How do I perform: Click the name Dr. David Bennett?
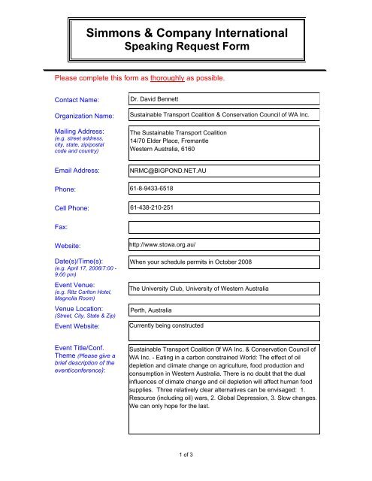[159, 99]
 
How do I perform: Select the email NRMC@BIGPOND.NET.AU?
[174, 171]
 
